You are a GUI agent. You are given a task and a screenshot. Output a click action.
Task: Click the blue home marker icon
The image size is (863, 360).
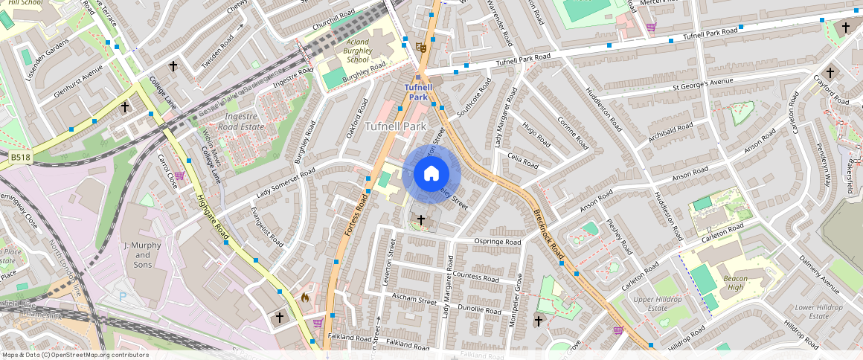click(x=431, y=175)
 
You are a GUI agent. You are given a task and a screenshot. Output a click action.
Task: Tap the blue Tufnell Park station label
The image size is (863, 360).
click(x=417, y=92)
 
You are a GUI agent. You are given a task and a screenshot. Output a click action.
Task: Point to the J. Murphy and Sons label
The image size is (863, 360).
click(x=142, y=254)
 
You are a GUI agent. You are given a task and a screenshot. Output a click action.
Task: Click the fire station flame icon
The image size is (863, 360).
click(x=304, y=298)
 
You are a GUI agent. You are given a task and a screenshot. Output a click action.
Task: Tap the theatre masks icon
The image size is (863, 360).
click(x=420, y=47)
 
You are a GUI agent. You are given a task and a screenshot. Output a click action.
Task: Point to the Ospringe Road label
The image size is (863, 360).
click(x=498, y=242)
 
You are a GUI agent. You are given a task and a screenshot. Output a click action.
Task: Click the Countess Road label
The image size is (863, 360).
click(x=476, y=277)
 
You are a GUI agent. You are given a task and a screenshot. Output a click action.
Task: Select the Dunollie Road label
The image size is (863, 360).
click(x=481, y=309)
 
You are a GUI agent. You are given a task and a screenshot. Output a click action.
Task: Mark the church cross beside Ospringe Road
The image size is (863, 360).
click(x=421, y=220)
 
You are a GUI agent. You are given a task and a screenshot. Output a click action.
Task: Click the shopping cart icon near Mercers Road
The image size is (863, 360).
click(x=651, y=28)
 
